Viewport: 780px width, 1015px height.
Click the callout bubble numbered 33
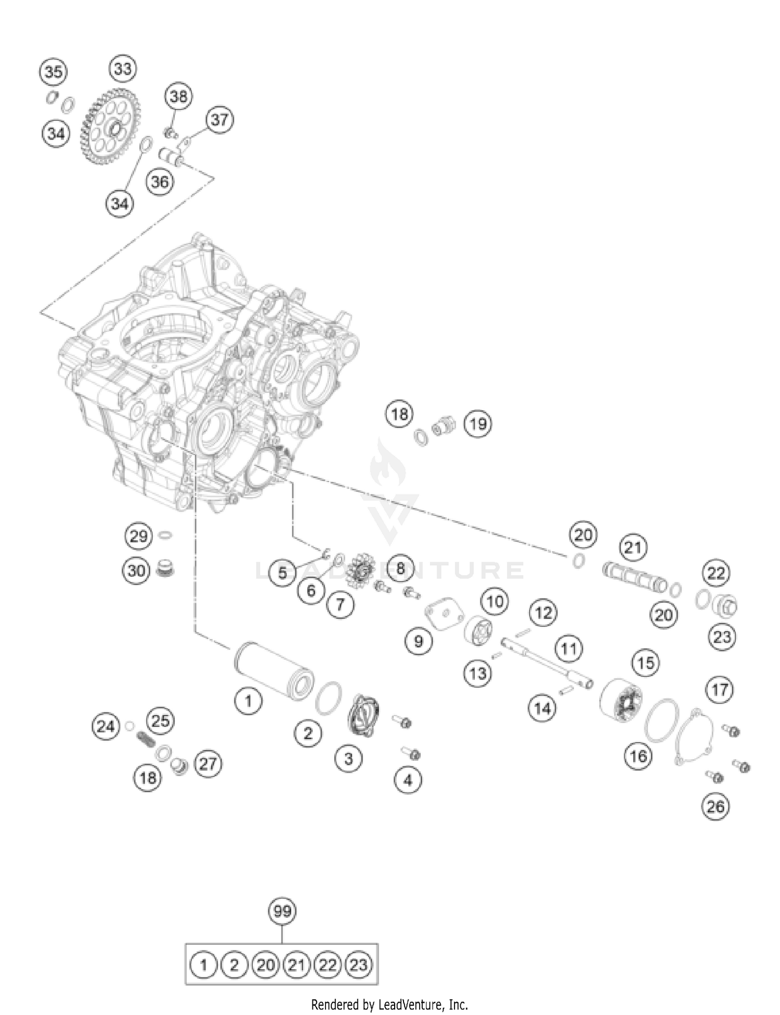point(123,69)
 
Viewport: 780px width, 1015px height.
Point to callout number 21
point(633,548)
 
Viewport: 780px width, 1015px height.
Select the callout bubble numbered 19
point(478,424)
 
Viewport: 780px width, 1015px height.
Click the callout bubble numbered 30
point(136,571)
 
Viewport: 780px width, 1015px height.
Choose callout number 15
point(646,663)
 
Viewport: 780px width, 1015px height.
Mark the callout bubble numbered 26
point(716,806)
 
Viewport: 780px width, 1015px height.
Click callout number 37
point(219,120)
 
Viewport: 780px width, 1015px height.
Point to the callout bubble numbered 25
point(161,721)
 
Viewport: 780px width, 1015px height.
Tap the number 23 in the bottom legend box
point(358,966)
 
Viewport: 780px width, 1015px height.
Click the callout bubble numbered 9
point(419,641)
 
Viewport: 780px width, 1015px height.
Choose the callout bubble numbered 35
point(53,72)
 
